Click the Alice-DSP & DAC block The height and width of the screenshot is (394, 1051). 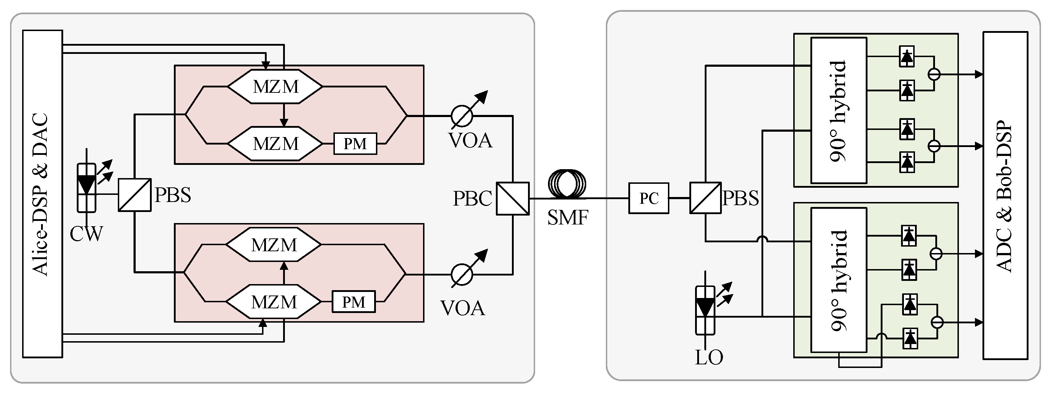pos(42,194)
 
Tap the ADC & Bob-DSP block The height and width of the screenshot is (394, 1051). pos(1005,196)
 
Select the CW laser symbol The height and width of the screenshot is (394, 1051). pos(86,188)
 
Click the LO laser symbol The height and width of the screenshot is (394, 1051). pos(705,310)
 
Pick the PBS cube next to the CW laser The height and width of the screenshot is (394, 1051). pos(135,195)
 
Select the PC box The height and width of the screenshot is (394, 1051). pos(649,198)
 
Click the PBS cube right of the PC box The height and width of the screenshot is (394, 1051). pos(705,198)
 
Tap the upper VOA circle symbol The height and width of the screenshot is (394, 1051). pos(462,116)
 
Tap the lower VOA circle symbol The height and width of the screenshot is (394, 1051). pos(462,274)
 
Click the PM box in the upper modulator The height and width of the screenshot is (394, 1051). pos(355,143)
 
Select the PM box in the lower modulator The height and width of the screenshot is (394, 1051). pos(353,302)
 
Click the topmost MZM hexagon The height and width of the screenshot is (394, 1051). pos(275,86)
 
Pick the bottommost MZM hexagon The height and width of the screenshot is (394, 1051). pos(273,302)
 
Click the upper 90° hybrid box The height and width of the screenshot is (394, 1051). pos(839,110)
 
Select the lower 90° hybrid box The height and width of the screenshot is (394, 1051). pos(839,280)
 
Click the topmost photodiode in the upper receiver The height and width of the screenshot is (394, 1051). pos(906,57)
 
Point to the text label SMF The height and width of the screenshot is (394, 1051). pos(568,218)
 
